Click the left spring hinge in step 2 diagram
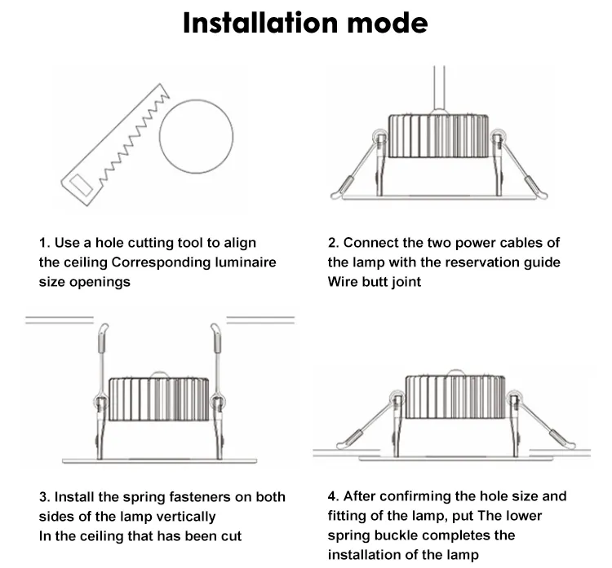pos(379,139)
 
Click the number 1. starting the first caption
pos(45,243)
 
